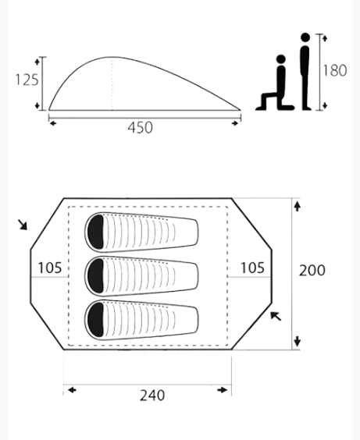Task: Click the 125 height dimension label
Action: click(27, 80)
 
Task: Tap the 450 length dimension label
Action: click(140, 128)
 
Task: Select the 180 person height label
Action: click(335, 70)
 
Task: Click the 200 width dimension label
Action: click(312, 271)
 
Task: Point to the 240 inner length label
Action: click(152, 396)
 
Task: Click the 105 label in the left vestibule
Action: click(50, 268)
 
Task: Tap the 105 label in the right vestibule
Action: click(252, 268)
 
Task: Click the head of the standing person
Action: click(305, 37)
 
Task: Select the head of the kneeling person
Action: click(281, 59)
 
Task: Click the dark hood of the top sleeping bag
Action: click(96, 232)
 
